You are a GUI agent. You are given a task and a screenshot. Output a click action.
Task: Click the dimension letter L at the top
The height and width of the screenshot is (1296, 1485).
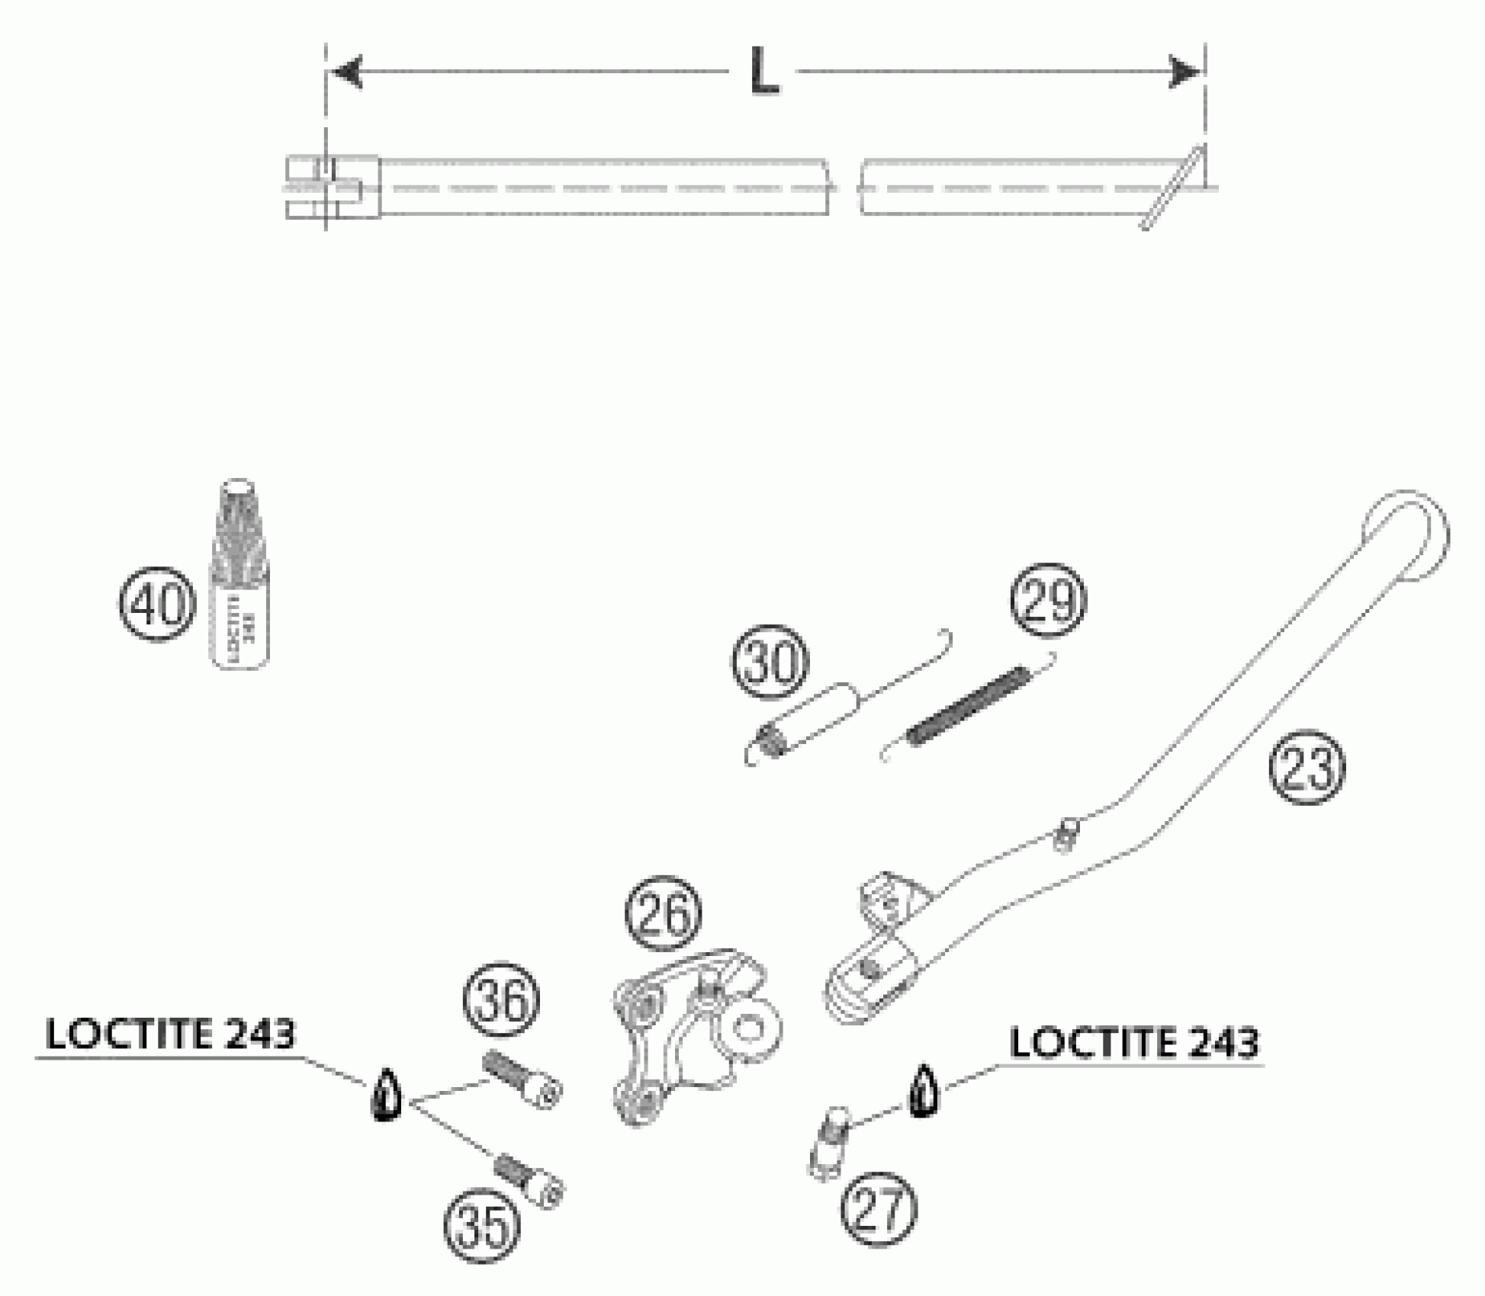[x=764, y=72]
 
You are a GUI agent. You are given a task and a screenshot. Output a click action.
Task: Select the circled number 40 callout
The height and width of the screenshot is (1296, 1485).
[x=157, y=605]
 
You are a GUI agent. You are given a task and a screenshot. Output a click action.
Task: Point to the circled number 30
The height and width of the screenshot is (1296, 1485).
[x=770, y=662]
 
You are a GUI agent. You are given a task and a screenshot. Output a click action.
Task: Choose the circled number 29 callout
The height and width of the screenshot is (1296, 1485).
[x=1048, y=600]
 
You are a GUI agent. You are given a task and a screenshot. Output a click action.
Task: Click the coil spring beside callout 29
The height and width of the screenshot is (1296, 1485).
[x=969, y=704]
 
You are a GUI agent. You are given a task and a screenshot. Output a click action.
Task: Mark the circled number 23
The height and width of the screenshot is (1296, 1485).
[x=1307, y=768]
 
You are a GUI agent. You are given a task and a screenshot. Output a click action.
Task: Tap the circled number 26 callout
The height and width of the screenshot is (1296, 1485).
[x=663, y=913]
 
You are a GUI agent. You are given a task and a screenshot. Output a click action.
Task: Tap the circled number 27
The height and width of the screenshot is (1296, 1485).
[x=879, y=1210]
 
